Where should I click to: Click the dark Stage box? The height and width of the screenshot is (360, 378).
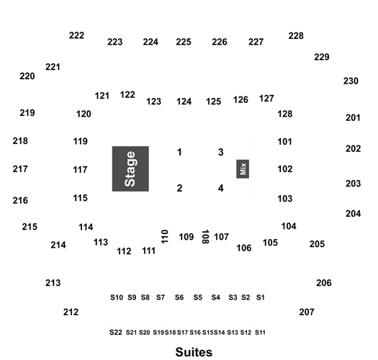click(130, 168)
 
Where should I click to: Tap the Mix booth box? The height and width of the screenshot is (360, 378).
click(243, 168)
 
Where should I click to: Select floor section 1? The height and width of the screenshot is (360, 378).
click(179, 152)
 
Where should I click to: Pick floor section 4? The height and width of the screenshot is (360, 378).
click(220, 188)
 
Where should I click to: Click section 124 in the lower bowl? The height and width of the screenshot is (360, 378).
click(184, 102)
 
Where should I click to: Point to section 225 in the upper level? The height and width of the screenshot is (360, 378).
click(184, 42)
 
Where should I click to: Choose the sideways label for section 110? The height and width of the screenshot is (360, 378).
click(165, 237)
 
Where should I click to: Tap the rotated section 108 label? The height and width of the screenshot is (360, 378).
click(205, 237)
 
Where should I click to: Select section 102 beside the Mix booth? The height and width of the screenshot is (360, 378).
click(285, 169)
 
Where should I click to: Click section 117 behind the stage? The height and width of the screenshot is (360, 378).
click(80, 170)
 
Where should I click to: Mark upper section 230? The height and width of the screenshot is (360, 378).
click(351, 81)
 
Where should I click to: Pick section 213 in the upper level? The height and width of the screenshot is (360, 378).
click(53, 283)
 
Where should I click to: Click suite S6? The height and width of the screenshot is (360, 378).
click(179, 297)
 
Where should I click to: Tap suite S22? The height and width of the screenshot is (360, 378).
click(116, 333)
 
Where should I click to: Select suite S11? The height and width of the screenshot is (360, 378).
click(260, 333)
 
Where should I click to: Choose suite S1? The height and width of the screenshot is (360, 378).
click(261, 297)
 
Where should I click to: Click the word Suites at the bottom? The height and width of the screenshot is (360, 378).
click(194, 352)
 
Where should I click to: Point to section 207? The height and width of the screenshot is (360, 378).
click(307, 312)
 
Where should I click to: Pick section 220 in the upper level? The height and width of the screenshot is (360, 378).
click(27, 76)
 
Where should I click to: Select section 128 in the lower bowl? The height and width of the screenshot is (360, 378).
click(285, 114)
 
